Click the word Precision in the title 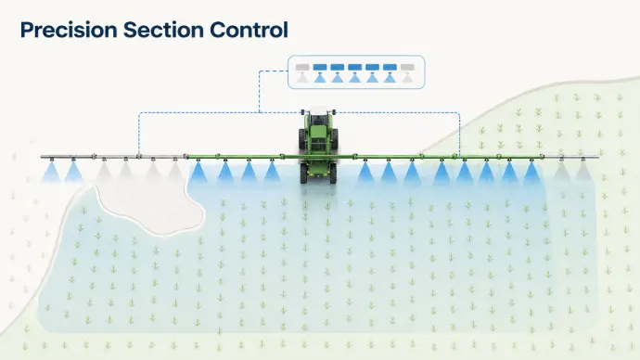tap(69, 31)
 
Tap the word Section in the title tap(163, 30)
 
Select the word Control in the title tap(249, 30)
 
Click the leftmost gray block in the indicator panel tap(302, 68)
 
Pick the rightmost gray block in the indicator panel tap(407, 68)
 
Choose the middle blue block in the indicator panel tap(354, 68)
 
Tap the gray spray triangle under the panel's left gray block tap(302, 78)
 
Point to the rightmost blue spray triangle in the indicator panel tap(390, 78)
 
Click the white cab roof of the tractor tap(318, 111)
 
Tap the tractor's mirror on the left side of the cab tap(303, 111)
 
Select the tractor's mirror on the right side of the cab tap(334, 111)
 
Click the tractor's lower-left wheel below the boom tap(303, 174)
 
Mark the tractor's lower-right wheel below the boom tap(333, 174)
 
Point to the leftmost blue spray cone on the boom tap(51, 173)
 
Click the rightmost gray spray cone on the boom tap(583, 172)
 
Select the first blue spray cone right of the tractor tap(365, 173)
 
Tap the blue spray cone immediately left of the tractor tap(272, 173)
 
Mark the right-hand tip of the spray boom tap(599, 157)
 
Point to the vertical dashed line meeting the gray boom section tap(139, 134)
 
